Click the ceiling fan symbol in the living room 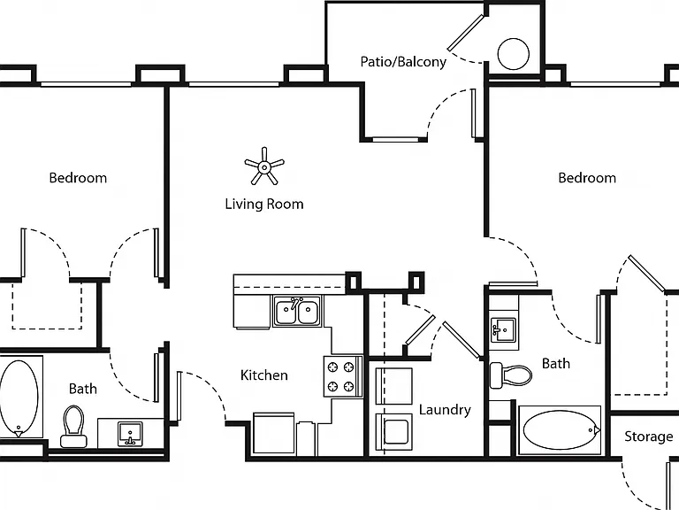pyautogui.click(x=264, y=166)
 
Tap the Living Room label pyautogui.click(x=264, y=204)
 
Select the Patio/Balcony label pyautogui.click(x=403, y=62)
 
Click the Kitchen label pyautogui.click(x=264, y=375)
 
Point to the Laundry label pyautogui.click(x=445, y=410)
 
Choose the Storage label pyautogui.click(x=649, y=437)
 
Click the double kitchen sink pyautogui.click(x=297, y=311)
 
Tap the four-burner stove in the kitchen pyautogui.click(x=342, y=376)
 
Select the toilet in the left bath pyautogui.click(x=73, y=426)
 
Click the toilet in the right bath pyautogui.click(x=510, y=375)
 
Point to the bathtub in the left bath pyautogui.click(x=19, y=398)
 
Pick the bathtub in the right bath pyautogui.click(x=560, y=429)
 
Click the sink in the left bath pyautogui.click(x=130, y=434)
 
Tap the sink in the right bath pyautogui.click(x=503, y=329)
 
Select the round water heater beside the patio pyautogui.click(x=513, y=54)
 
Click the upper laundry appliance pyautogui.click(x=394, y=386)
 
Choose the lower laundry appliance pyautogui.click(x=394, y=432)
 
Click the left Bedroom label pyautogui.click(x=78, y=178)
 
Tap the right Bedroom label pyautogui.click(x=587, y=178)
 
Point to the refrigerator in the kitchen pyautogui.click(x=274, y=433)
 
